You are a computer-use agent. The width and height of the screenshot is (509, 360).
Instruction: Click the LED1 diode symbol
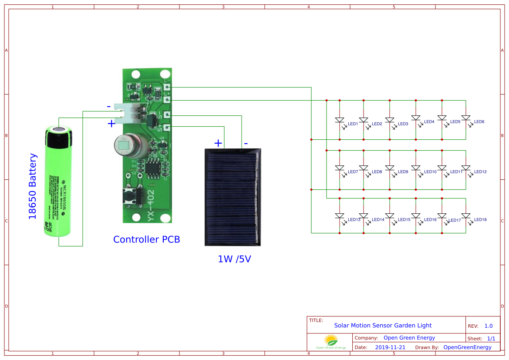click(340, 120)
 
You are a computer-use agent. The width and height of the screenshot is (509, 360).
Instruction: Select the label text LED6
click(479, 122)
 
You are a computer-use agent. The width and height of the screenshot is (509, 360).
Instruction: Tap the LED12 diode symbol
click(466, 168)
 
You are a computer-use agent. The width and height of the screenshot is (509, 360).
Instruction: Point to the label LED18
click(480, 220)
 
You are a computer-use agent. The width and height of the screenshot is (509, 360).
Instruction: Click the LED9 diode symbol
click(390, 168)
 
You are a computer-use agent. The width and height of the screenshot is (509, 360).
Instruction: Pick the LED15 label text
click(404, 220)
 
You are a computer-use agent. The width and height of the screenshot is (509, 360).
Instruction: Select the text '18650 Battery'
click(33, 186)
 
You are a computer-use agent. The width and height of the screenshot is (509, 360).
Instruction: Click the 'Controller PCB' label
click(146, 239)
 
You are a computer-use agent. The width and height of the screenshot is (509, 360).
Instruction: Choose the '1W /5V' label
click(234, 259)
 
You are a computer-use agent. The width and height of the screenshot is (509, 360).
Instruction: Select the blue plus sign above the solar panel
click(218, 143)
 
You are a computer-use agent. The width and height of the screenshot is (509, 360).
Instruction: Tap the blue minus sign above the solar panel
click(246, 143)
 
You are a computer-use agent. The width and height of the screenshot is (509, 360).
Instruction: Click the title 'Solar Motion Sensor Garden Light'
click(383, 325)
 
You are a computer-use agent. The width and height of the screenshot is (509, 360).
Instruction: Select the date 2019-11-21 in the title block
click(390, 347)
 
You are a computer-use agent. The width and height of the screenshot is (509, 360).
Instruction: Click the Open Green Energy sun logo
click(330, 340)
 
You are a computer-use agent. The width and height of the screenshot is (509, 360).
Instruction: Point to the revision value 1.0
click(488, 326)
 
